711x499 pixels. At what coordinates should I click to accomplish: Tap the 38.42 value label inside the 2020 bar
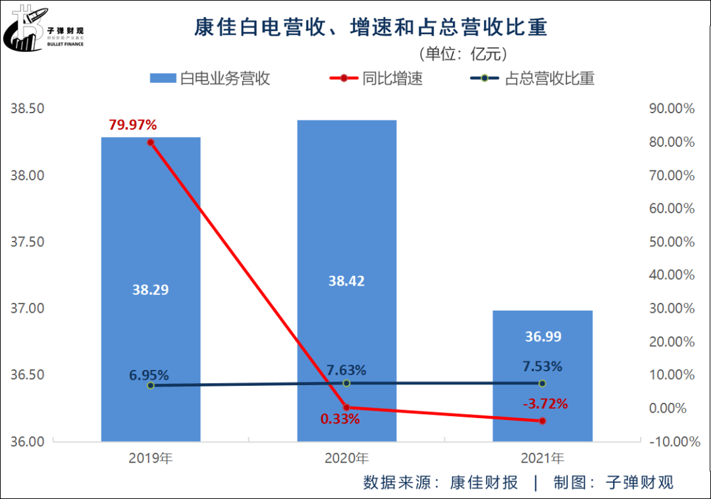[346, 281]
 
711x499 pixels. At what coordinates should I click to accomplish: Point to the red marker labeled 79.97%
[151, 142]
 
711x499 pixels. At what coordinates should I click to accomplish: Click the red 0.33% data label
[340, 419]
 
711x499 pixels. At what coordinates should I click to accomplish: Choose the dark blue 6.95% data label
[149, 375]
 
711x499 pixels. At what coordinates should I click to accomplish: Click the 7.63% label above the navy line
[346, 370]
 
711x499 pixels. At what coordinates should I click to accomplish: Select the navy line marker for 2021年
[542, 383]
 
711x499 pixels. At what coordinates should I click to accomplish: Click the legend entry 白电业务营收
[210, 79]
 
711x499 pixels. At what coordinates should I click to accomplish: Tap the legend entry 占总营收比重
[533, 79]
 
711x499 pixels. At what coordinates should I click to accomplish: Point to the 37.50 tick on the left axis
[27, 242]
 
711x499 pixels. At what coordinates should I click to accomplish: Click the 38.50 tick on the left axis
[27, 109]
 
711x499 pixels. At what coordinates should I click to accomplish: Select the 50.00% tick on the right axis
[671, 242]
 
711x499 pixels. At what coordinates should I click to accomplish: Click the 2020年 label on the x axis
[346, 458]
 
